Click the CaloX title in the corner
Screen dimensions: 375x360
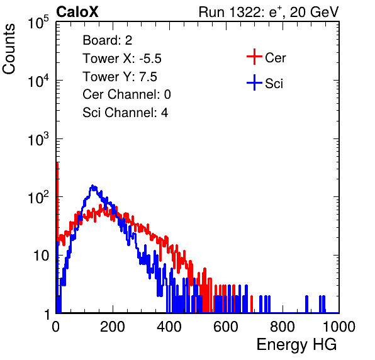pyautogui.click(x=77, y=12)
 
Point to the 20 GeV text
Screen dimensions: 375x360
pyautogui.click(x=314, y=12)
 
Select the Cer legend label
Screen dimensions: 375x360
pyautogui.click(x=275, y=58)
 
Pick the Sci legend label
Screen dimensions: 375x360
pyautogui.click(x=274, y=84)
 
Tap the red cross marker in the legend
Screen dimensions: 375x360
pyautogui.click(x=254, y=57)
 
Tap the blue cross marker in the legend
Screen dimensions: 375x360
pyautogui.click(x=254, y=82)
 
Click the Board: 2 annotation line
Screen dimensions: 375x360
pyautogui.click(x=108, y=40)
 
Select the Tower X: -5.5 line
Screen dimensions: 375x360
pyautogui.click(x=122, y=59)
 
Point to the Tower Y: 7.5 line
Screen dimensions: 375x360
pyautogui.click(x=120, y=77)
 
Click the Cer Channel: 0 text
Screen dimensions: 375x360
pyautogui.click(x=126, y=94)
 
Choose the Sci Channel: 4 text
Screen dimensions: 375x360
pyautogui.click(x=125, y=112)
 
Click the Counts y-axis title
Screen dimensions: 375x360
pyautogui.click(x=9, y=48)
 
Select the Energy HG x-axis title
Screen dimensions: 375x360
pyautogui.click(x=296, y=345)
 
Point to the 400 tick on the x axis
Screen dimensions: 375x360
pyautogui.click(x=169, y=327)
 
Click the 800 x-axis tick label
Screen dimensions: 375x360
pyautogui.click(x=283, y=327)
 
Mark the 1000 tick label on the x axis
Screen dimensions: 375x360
pyautogui.click(x=339, y=327)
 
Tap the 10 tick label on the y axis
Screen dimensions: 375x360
pyautogui.click(x=41, y=256)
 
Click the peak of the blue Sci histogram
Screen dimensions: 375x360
pyautogui.click(x=92, y=186)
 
